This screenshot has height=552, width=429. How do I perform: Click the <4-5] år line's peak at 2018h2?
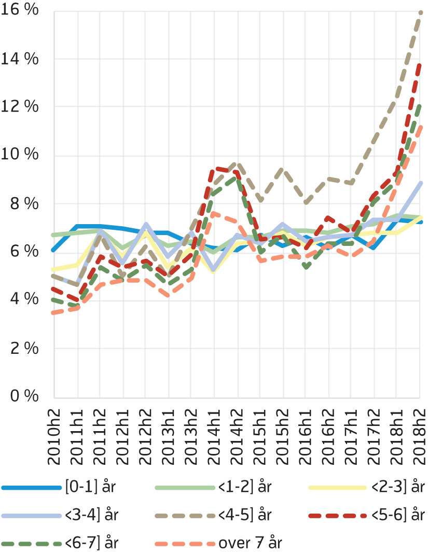(x=420, y=11)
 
